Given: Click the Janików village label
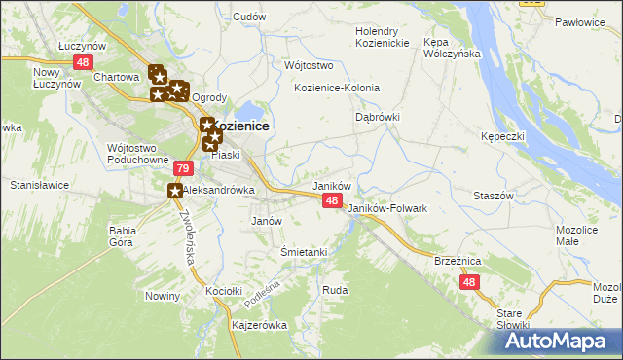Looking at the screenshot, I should pyautogui.click(x=330, y=185).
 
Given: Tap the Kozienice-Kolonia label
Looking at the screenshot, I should pyautogui.click(x=337, y=88).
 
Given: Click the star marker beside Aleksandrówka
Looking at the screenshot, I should pyautogui.click(x=176, y=192).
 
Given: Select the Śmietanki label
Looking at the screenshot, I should pyautogui.click(x=303, y=252).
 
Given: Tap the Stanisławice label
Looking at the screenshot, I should pyautogui.click(x=37, y=183).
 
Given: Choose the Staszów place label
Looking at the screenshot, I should pyautogui.click(x=493, y=196).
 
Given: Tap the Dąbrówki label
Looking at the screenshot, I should pyautogui.click(x=377, y=117).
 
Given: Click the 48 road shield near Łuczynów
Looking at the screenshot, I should pyautogui.click(x=82, y=61).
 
